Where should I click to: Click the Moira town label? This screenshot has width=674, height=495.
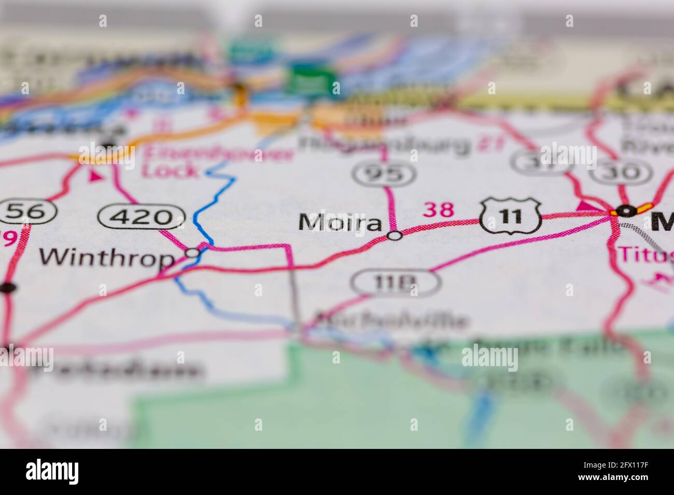tap(340, 222)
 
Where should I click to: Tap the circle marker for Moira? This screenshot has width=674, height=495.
tap(395, 236)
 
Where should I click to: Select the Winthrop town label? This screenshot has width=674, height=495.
tap(108, 257)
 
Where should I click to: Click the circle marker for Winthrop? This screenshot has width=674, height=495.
tap(193, 253)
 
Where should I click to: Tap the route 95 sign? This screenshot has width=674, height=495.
tap(384, 175)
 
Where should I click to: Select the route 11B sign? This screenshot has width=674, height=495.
tap(395, 283)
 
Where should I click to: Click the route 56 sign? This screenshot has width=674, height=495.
tap(29, 211)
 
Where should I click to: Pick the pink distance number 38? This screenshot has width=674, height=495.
tap(439, 210)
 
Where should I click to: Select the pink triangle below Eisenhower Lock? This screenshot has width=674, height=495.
tap(95, 177)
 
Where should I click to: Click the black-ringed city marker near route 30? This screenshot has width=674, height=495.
tap(626, 211)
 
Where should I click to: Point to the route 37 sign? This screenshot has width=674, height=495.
tap(532, 162)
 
